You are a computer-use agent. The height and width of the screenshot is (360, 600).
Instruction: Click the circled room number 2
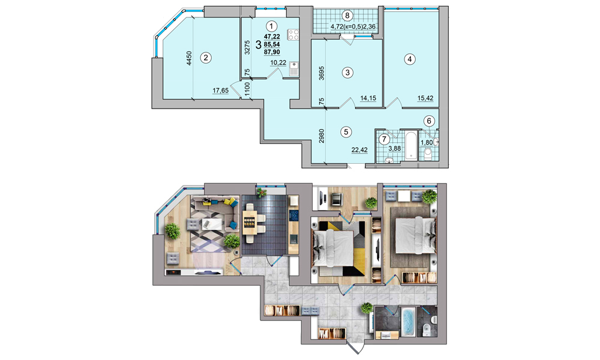pyautogui.click(x=206, y=58)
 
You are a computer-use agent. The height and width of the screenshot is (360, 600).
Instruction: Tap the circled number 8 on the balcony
pyautogui.click(x=347, y=16)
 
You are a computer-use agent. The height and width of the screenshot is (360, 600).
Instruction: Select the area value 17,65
pyautogui.click(x=220, y=90)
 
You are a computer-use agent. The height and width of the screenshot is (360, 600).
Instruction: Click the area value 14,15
pyautogui.click(x=368, y=98)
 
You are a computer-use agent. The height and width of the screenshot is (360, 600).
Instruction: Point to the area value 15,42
pyautogui.click(x=425, y=98)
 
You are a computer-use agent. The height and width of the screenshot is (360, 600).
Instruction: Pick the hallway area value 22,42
pyautogui.click(x=359, y=150)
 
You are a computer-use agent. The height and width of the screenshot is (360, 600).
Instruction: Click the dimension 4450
pyautogui.click(x=189, y=59)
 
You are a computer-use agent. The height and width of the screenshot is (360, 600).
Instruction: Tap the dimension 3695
pyautogui.click(x=322, y=73)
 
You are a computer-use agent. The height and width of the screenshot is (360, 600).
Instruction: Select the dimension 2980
pyautogui.click(x=322, y=136)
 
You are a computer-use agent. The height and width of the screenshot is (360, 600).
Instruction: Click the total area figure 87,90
pyautogui.click(x=272, y=52)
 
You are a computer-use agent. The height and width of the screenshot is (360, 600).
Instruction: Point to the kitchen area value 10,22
pyautogui.click(x=278, y=63)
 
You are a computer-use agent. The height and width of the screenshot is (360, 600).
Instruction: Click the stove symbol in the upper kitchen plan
pyautogui.click(x=293, y=34)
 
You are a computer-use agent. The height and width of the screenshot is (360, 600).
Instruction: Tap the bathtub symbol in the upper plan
pyautogui.click(x=411, y=145)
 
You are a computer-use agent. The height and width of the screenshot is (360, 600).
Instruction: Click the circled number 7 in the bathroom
pyautogui.click(x=384, y=139)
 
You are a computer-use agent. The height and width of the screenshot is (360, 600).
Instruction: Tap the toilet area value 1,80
pyautogui.click(x=427, y=142)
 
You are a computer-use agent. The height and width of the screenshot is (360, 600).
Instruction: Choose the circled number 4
pyautogui.click(x=409, y=59)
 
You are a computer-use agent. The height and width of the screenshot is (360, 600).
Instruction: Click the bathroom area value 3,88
pyautogui.click(x=395, y=148)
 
